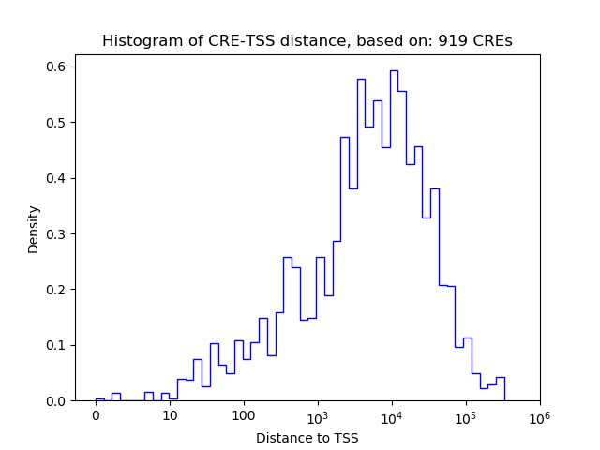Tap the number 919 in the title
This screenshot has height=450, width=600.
coord(452,41)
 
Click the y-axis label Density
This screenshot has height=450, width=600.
coord(34,229)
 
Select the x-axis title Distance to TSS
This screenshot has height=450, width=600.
coord(307,438)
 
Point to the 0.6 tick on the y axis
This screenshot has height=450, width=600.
coord(57,67)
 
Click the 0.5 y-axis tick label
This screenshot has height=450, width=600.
coord(57,123)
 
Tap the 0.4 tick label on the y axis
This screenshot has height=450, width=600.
coord(57,178)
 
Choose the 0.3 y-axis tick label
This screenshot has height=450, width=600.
coord(57,233)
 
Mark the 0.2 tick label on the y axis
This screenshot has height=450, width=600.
coord(57,290)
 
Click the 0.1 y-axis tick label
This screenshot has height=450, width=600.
coord(57,345)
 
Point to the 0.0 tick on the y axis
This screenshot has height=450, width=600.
coord(57,401)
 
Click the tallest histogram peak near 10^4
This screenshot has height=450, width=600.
coord(394,71)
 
